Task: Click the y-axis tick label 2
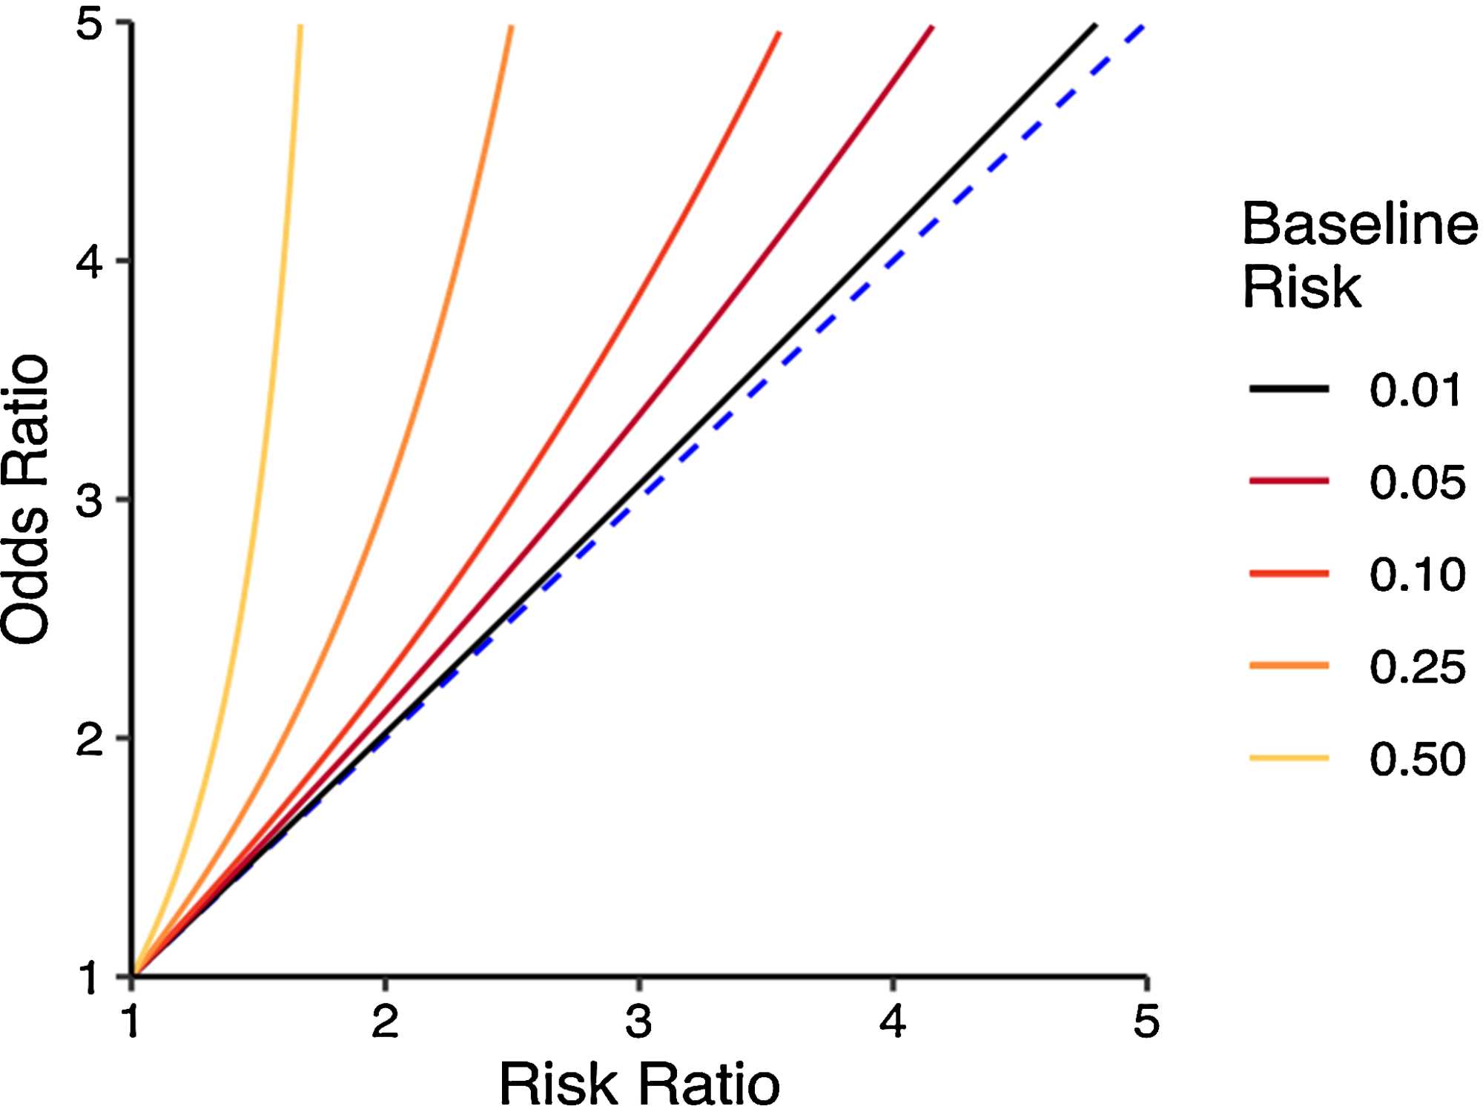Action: pyautogui.click(x=90, y=739)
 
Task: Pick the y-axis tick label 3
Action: pyautogui.click(x=90, y=500)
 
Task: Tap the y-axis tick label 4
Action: pyautogui.click(x=90, y=262)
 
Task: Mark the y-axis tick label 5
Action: pyautogui.click(x=90, y=24)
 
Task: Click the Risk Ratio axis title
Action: pyautogui.click(x=639, y=1083)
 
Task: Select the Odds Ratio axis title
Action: pyautogui.click(x=25, y=500)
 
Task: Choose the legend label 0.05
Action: pyautogui.click(x=1416, y=483)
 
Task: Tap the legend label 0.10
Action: pyautogui.click(x=1416, y=574)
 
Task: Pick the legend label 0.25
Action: pyautogui.click(x=1416, y=666)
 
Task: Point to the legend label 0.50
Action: pyautogui.click(x=1416, y=758)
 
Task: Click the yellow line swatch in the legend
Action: pyautogui.click(x=1289, y=758)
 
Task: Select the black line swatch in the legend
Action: pyautogui.click(x=1289, y=388)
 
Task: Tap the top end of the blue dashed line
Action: pyautogui.click(x=1143, y=27)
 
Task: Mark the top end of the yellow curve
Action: pyautogui.click(x=300, y=27)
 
